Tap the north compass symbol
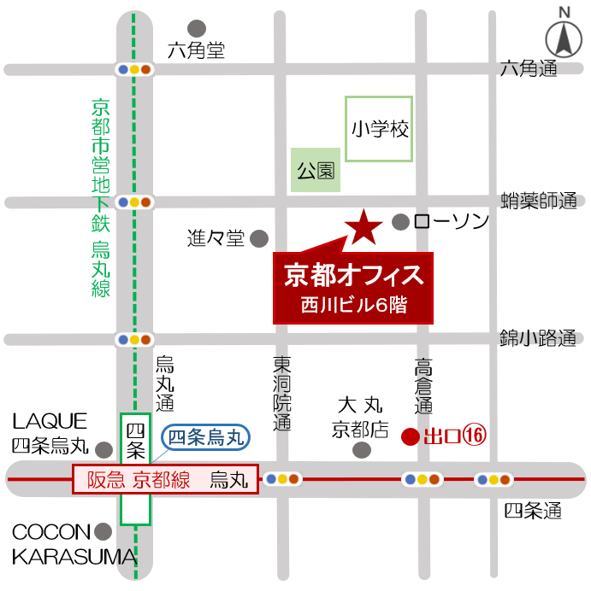click(564, 35)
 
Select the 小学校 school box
click(379, 129)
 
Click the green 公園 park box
click(315, 169)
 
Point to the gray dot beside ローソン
click(399, 222)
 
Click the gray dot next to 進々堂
click(258, 238)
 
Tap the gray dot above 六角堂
click(198, 27)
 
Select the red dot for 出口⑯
click(410, 437)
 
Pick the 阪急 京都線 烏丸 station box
click(165, 480)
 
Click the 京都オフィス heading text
click(353, 275)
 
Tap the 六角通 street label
click(529, 67)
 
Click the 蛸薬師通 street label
click(539, 201)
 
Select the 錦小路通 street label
click(538, 339)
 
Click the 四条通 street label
click(532, 512)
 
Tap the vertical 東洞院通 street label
click(282, 393)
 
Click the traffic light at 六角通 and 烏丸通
click(135, 69)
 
